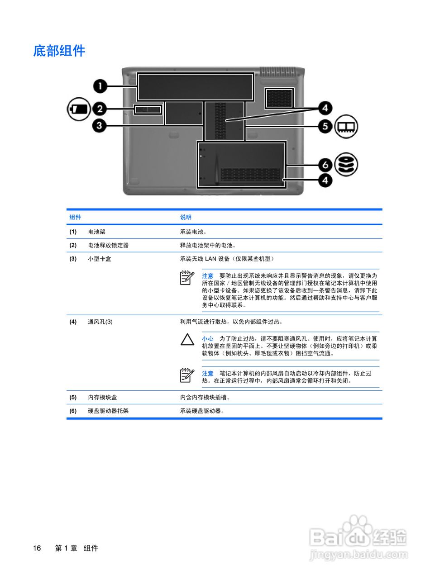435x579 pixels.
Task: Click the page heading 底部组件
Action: [x=59, y=51]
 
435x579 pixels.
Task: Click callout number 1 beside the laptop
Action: [x=100, y=85]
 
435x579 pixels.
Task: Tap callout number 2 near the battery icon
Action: [x=100, y=109]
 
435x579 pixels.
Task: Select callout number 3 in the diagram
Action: [x=100, y=125]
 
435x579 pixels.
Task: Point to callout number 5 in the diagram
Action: [x=325, y=126]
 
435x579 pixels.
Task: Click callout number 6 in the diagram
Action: [x=325, y=165]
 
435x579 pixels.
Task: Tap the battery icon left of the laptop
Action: [x=79, y=109]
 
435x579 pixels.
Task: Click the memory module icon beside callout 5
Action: [x=346, y=126]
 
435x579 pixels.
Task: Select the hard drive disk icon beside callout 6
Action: [x=346, y=164]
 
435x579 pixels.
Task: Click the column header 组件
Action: [x=75, y=217]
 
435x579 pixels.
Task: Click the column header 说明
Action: [x=186, y=217]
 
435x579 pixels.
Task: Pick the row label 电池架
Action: [x=96, y=232]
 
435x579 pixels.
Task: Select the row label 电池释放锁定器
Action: [x=108, y=245]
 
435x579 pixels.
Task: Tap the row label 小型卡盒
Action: [x=100, y=259]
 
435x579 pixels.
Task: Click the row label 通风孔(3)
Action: [x=100, y=322]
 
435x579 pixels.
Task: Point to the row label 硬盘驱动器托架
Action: [x=108, y=411]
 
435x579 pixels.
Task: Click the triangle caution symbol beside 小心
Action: [x=187, y=340]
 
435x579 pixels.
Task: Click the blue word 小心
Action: [x=208, y=338]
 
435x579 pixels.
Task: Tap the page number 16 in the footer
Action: [x=37, y=548]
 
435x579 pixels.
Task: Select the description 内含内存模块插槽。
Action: [x=206, y=397]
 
